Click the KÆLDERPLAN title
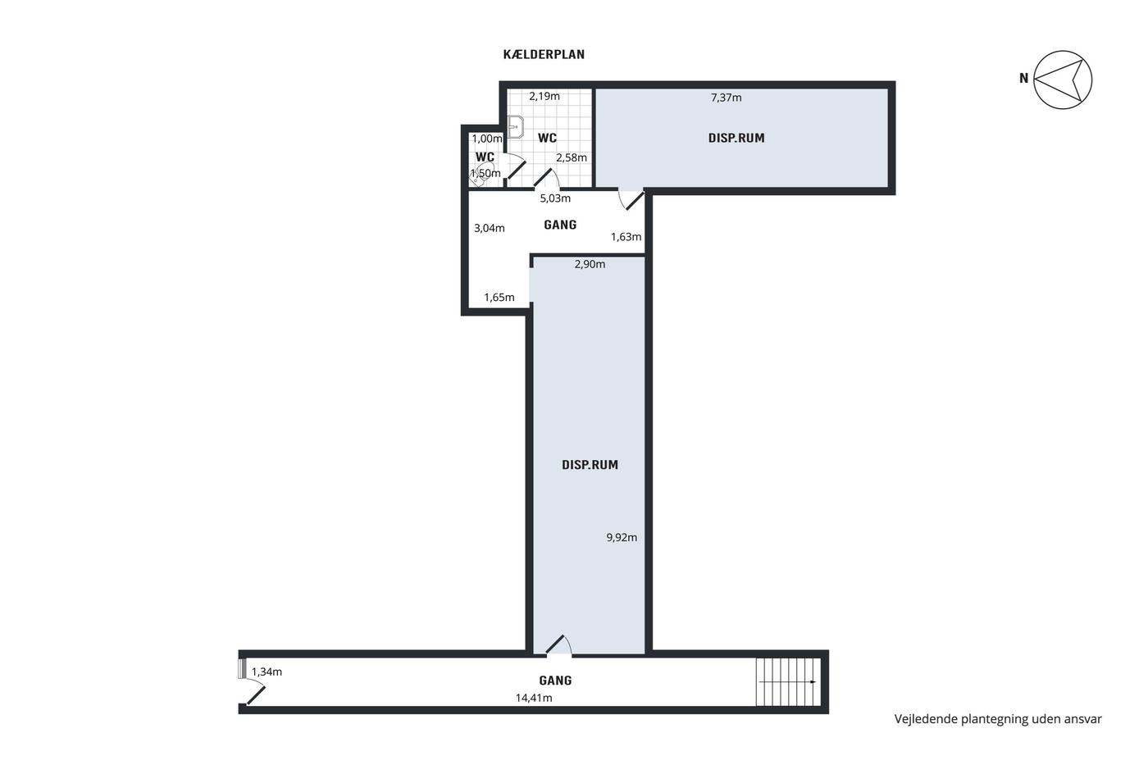(x=544, y=54)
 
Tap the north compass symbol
(x=1063, y=80)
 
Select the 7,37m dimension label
(x=727, y=98)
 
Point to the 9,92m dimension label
(x=622, y=537)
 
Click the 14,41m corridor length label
(x=534, y=698)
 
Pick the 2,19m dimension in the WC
(x=544, y=96)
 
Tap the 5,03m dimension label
(x=555, y=198)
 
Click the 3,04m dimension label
(x=490, y=228)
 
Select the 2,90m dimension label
(x=590, y=264)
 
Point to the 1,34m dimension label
(x=266, y=672)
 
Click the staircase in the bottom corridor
(x=788, y=682)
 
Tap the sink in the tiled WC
(x=515, y=127)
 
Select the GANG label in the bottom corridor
(x=556, y=681)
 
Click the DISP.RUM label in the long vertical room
(x=590, y=465)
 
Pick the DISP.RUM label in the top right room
(x=736, y=138)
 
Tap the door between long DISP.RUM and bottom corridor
(x=558, y=645)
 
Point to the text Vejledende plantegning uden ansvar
(x=998, y=719)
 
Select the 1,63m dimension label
(x=626, y=237)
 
